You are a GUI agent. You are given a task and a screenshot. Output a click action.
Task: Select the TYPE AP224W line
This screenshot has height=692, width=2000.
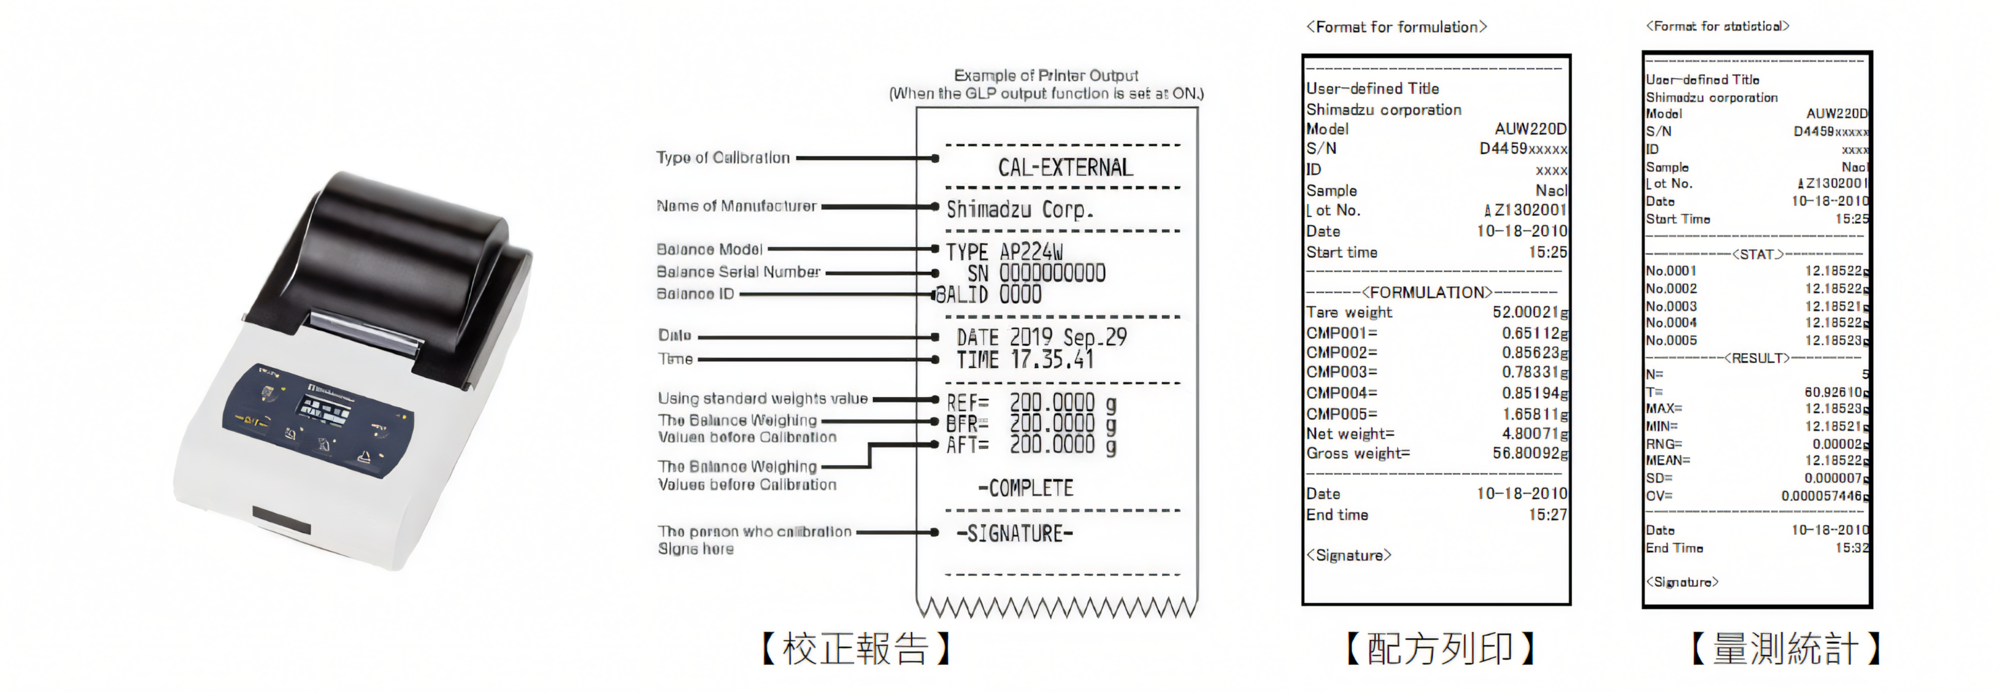(1003, 252)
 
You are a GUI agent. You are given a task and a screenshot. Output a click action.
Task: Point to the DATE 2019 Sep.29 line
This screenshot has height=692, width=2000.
(1041, 337)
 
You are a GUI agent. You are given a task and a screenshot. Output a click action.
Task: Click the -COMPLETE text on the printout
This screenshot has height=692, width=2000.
(1026, 489)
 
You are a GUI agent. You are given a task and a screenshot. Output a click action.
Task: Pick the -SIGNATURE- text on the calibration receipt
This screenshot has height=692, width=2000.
(1015, 533)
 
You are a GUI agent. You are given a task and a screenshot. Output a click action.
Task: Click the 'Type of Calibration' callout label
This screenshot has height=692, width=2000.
(723, 158)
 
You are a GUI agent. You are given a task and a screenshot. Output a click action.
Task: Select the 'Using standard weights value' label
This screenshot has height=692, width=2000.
(762, 398)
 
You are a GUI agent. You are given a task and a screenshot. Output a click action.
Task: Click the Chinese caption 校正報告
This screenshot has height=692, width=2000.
(856, 649)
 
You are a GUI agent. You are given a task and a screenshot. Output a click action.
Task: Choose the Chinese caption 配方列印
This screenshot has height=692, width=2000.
(1440, 649)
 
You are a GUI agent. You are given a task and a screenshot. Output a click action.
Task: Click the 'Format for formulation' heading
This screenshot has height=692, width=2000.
(1396, 27)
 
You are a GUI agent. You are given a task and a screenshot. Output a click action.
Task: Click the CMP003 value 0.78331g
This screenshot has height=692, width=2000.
(1534, 373)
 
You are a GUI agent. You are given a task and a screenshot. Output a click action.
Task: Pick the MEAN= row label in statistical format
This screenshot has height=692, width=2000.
(1668, 460)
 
